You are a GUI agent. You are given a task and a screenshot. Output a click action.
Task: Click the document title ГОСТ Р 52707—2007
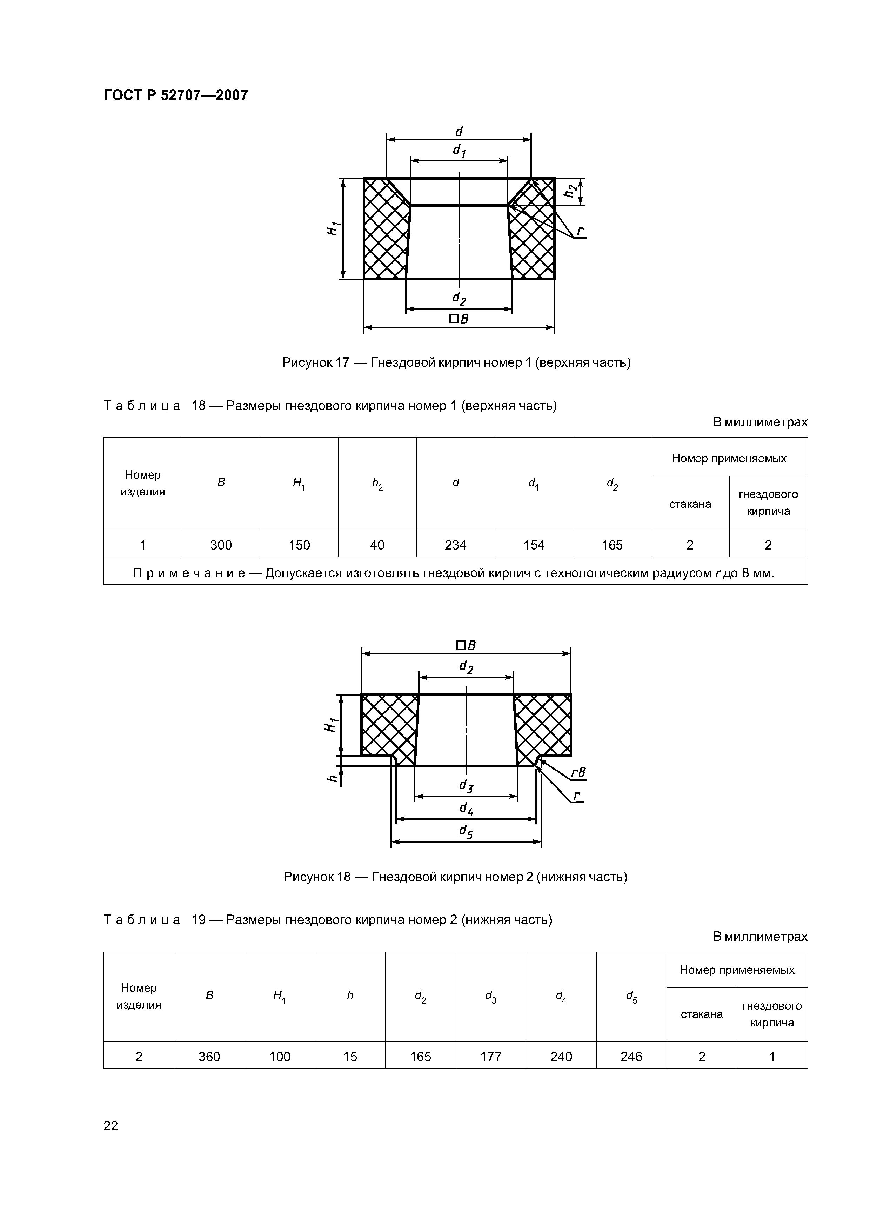click(175, 95)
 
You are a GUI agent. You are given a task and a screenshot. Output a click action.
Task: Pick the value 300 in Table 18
click(221, 545)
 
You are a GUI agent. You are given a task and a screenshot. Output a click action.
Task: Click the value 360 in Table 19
click(209, 1056)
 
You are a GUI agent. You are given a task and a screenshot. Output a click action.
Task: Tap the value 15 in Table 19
click(350, 1056)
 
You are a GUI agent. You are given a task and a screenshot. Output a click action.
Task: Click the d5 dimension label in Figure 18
click(466, 832)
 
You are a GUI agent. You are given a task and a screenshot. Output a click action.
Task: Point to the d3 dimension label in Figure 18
click(466, 786)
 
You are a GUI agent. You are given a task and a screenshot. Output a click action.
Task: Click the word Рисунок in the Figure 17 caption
click(307, 363)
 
